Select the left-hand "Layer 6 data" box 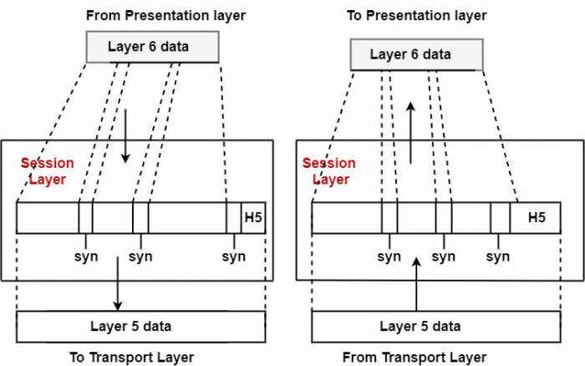pos(152,46)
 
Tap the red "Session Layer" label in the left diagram pos(47,171)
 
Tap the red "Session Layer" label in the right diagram pos(328,171)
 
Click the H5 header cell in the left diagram pos(253,217)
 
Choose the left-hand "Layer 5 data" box pos(141,326)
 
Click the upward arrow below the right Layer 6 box pos(409,134)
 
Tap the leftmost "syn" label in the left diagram pos(86,257)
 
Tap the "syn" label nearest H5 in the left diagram pos(234,257)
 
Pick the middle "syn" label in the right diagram pos(443,257)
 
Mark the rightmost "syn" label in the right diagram pos(498,257)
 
